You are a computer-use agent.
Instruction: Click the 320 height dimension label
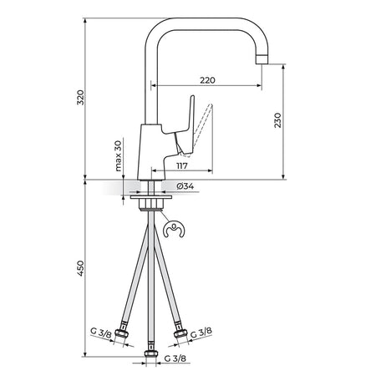point(80,97)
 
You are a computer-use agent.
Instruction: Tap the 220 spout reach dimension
point(207,80)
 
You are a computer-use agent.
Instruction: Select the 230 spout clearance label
point(277,120)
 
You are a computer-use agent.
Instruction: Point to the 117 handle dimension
point(182,166)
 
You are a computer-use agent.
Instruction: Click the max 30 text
point(118,156)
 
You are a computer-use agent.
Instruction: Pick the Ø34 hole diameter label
point(185,186)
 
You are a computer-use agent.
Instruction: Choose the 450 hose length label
point(80,268)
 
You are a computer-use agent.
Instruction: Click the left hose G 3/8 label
point(101,333)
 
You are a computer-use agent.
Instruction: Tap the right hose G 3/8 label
point(201,333)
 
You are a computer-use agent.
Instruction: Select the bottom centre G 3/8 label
point(175,358)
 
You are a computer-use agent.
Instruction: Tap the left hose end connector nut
point(122,333)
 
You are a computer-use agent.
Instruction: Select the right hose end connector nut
point(180,332)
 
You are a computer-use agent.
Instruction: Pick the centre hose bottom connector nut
point(151,353)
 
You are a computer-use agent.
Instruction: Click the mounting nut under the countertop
point(151,205)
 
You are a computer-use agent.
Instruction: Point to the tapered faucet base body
point(152,152)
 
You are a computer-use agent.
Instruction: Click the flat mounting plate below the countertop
point(151,197)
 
